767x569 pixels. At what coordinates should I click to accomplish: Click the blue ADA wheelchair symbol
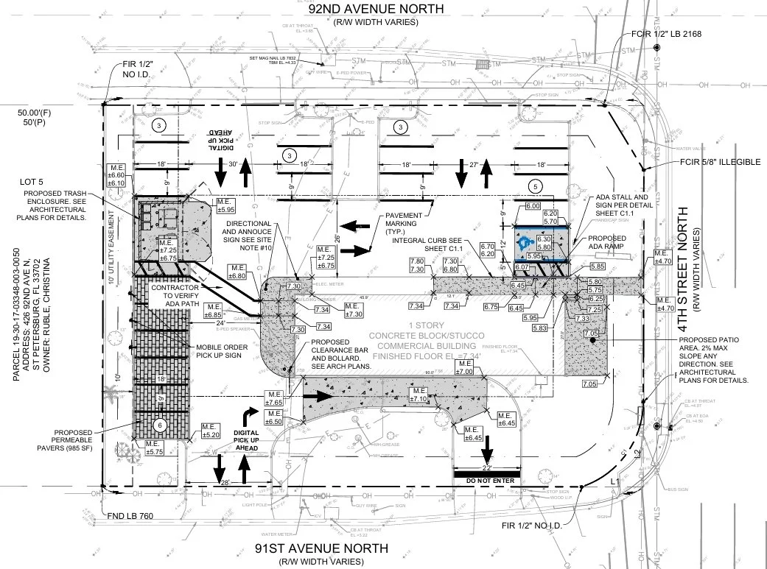coord(525,242)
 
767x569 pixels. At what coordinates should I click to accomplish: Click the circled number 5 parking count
coord(536,185)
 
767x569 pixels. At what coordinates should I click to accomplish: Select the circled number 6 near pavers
coord(160,425)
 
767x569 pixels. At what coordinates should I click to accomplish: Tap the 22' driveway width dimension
coord(486,467)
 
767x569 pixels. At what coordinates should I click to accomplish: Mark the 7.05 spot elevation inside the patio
coord(590,333)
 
